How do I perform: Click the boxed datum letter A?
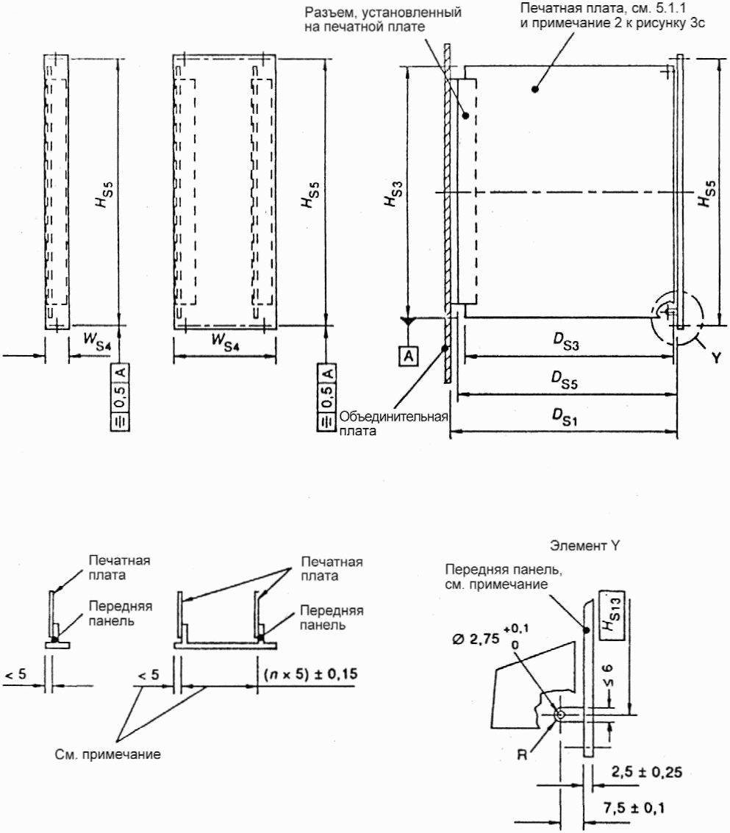[408, 356]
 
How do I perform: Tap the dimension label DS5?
[565, 379]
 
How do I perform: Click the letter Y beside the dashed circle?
[716, 357]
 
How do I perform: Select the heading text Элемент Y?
[584, 546]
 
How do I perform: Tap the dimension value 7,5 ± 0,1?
[633, 808]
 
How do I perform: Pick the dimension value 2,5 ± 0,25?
[646, 772]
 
